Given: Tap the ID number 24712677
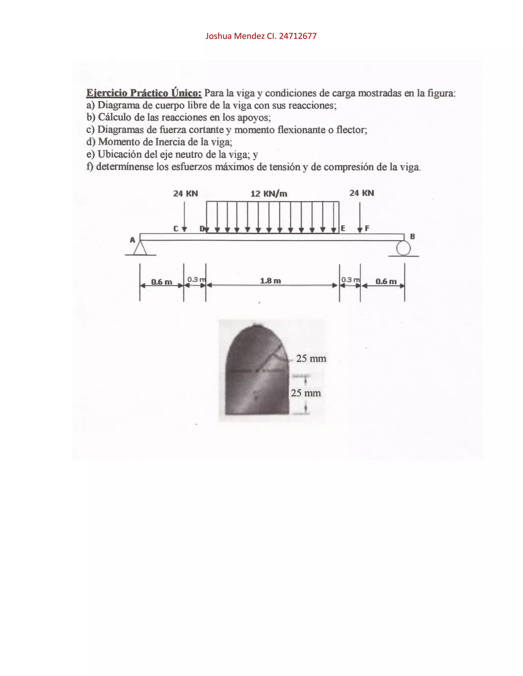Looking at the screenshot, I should click(298, 36).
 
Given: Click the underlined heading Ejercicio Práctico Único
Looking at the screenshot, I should click(144, 93).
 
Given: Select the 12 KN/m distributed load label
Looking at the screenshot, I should click(269, 194).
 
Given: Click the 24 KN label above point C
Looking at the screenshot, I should click(185, 193).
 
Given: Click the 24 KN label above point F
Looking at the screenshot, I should click(362, 193).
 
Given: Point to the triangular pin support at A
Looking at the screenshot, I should click(140, 248).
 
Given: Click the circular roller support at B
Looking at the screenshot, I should click(403, 248).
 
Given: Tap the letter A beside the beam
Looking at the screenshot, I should click(132, 240).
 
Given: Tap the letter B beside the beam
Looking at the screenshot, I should click(412, 236).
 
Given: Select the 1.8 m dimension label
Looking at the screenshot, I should click(270, 281).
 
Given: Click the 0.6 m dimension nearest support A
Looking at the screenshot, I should click(161, 282).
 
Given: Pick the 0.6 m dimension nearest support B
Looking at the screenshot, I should click(386, 281).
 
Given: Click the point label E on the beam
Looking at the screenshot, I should click(343, 228).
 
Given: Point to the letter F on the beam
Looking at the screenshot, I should click(367, 228).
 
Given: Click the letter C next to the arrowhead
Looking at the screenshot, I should click(176, 229).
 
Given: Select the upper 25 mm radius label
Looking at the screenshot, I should click(311, 358).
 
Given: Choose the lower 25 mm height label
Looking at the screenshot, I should click(306, 393).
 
